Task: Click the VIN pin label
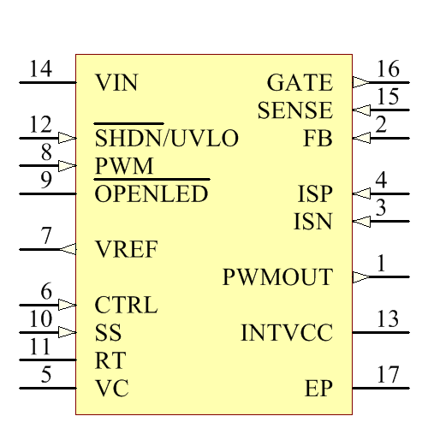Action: click(116, 83)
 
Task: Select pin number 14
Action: click(40, 69)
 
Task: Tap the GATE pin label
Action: click(300, 83)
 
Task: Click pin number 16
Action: click(388, 69)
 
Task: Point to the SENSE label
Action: click(294, 110)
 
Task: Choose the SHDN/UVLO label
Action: click(166, 138)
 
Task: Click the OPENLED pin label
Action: click(152, 193)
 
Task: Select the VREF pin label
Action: click(126, 249)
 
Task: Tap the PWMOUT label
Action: click(277, 277)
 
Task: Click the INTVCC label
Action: click(287, 332)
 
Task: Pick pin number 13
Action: click(388, 319)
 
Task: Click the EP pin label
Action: click(318, 388)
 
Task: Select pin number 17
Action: click(388, 374)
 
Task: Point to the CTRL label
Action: click(126, 305)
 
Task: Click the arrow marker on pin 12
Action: click(68, 138)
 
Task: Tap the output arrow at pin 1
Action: click(360, 277)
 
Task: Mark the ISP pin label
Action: click(316, 193)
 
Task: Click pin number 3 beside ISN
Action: click(381, 207)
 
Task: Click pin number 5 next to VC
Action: click(46, 374)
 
